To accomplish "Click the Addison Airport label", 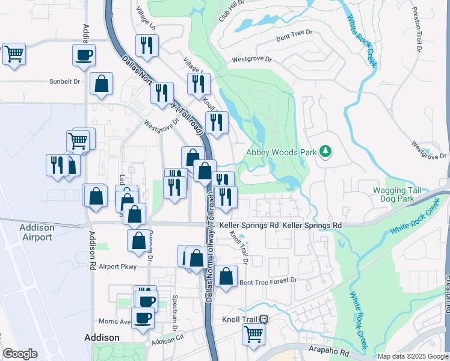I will [36, 232].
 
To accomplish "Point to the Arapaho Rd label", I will [330, 353].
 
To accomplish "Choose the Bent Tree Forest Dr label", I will [268, 281].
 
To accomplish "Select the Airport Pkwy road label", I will [118, 267].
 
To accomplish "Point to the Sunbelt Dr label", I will [64, 81].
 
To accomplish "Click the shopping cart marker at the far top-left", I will [14, 54].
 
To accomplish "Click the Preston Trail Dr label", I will [416, 30].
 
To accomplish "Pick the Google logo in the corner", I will [20, 354].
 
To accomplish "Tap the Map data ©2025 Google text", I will [413, 356].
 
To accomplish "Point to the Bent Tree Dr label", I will [295, 35].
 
